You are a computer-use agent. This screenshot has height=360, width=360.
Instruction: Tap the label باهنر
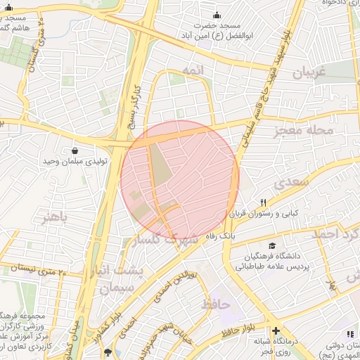tap(56, 217)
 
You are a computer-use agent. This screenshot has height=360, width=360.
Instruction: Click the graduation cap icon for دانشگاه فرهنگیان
tap(251, 245)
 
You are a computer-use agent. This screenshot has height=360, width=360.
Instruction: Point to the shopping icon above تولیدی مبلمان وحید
tap(75, 150)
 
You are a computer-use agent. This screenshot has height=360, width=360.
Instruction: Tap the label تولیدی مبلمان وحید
tap(75, 161)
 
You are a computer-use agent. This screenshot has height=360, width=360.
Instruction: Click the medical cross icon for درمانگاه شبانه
tap(276, 330)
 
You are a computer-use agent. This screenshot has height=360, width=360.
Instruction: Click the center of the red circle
tap(180, 180)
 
